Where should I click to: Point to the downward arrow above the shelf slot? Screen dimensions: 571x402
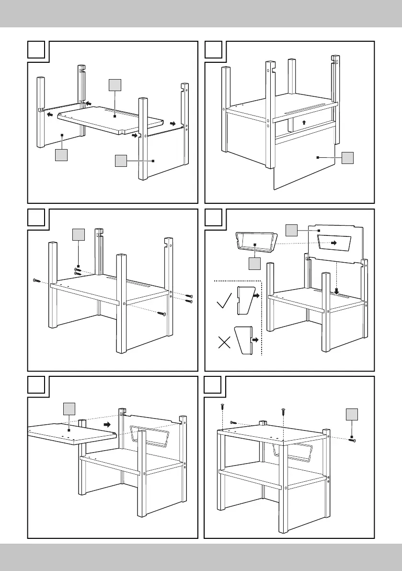point(337,291)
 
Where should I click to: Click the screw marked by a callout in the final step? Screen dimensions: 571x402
point(352,439)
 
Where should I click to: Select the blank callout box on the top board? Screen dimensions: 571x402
point(69,410)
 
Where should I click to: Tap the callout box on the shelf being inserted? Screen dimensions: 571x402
point(115,85)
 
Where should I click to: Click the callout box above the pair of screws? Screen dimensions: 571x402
point(78,235)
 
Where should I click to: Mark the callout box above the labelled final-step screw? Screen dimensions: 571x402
point(352,415)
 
